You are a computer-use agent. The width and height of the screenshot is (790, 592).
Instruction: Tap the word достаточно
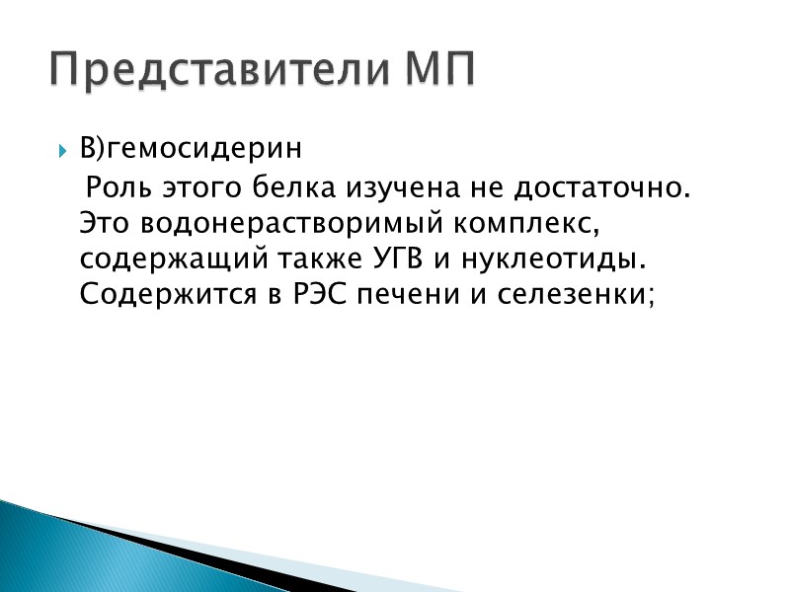[602, 186]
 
